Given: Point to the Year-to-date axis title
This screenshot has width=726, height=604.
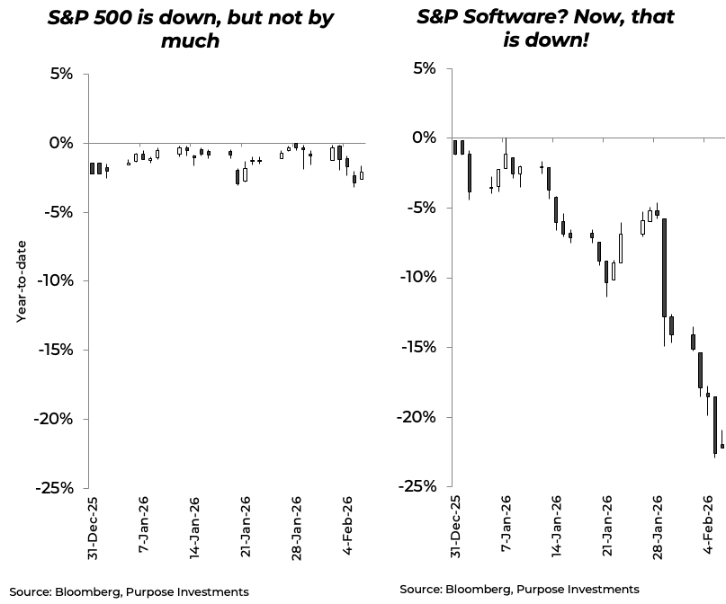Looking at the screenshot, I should pyautogui.click(x=21, y=281).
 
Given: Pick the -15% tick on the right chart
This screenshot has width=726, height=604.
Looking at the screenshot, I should pyautogui.click(x=417, y=347).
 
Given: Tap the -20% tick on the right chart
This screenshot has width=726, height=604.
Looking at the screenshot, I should pyautogui.click(x=417, y=417).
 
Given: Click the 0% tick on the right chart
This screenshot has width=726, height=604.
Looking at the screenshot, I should pyautogui.click(x=423, y=138).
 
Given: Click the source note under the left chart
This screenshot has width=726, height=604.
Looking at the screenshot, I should pyautogui.click(x=124, y=591).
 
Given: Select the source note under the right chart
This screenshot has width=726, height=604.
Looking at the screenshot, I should pyautogui.click(x=520, y=589).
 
